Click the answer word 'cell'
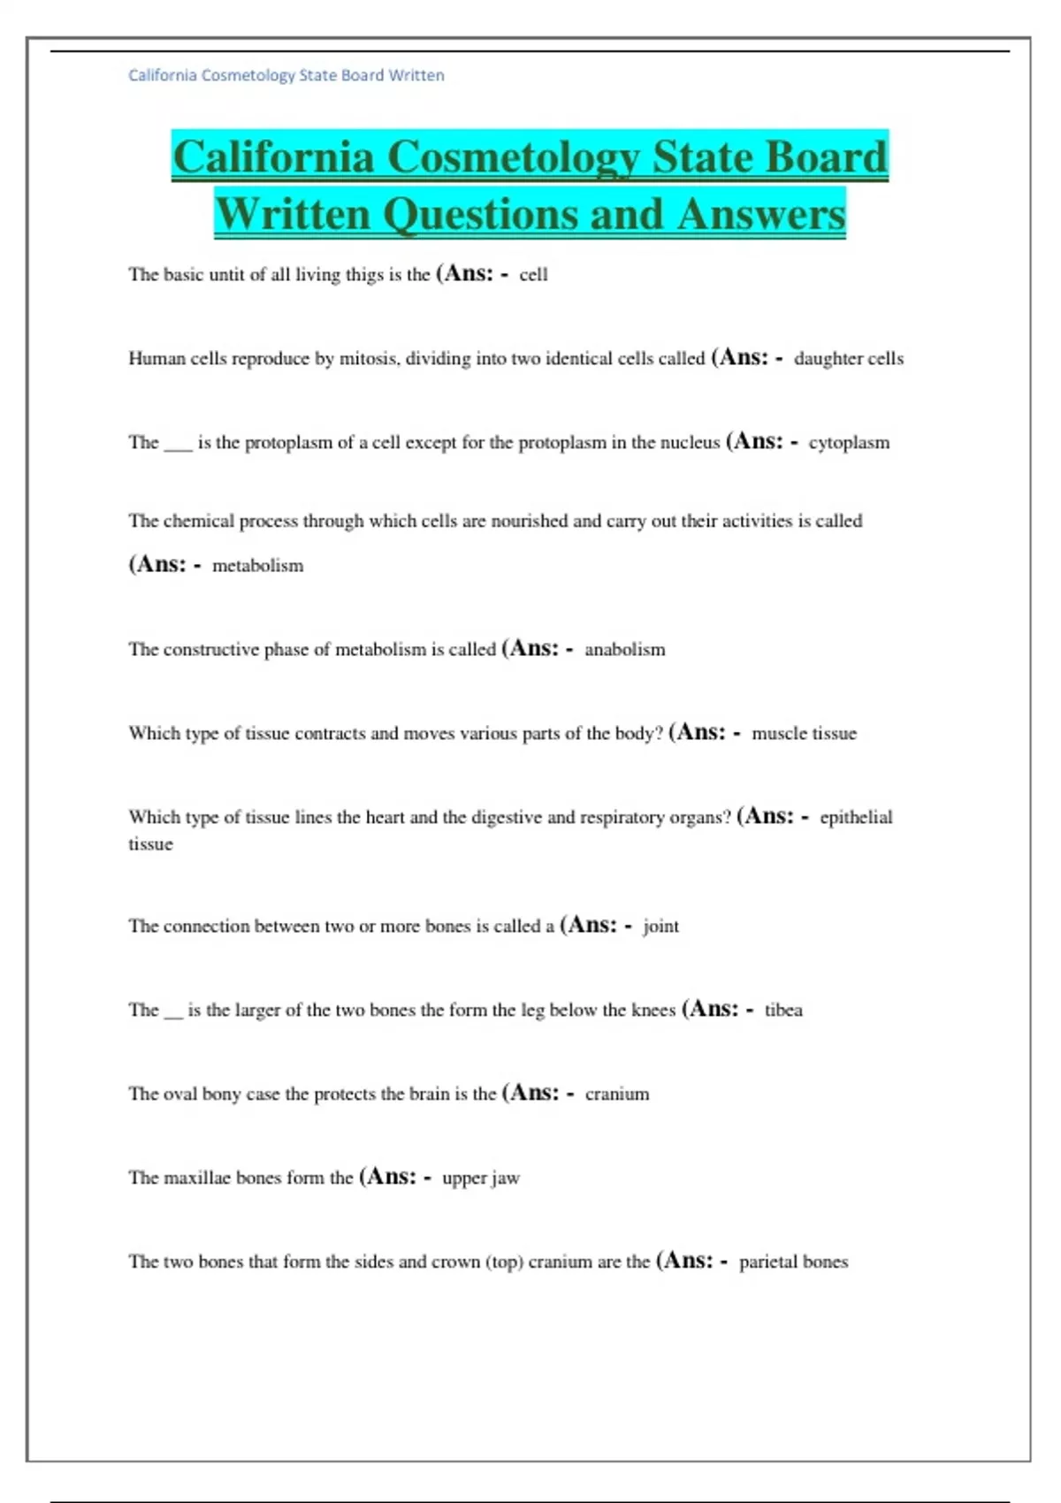point(533,275)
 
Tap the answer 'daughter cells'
point(848,359)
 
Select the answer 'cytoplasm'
point(849,443)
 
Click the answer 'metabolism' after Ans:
point(257,566)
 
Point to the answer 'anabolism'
point(624,650)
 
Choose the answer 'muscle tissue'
point(804,734)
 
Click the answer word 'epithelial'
point(856,818)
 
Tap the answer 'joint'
point(660,927)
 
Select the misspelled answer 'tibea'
point(783,1011)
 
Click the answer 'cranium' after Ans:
point(616,1095)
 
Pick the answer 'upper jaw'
point(480,1179)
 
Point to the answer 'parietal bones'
point(793,1263)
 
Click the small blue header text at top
point(286,76)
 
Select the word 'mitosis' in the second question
point(369,359)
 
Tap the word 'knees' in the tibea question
point(653,1011)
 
